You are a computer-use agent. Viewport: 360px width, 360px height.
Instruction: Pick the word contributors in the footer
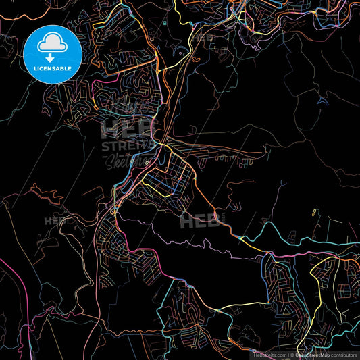342,354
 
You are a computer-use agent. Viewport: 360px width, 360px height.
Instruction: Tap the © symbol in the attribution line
290,354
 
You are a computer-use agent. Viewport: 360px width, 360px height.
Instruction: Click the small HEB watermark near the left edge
55,221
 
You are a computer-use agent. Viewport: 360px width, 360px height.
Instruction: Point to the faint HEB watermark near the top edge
202,38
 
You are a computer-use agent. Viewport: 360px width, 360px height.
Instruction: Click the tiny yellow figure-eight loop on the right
314,213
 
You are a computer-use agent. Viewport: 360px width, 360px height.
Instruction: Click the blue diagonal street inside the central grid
172,189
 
